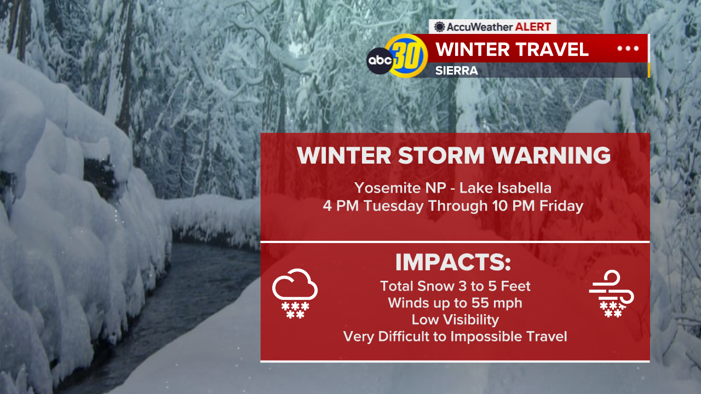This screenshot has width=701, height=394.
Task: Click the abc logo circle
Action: pos(380,61)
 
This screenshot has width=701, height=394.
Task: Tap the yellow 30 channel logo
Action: pos(407,56)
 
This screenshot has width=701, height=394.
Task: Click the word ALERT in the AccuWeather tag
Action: pos(533,27)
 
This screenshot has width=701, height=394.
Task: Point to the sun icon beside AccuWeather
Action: pos(439,27)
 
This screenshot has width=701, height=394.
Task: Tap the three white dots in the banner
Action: pos(628,49)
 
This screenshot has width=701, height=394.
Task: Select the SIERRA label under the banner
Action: pos(457,71)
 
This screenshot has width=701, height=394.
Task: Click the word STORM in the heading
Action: pos(441,155)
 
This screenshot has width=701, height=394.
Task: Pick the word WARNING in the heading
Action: pos(551,155)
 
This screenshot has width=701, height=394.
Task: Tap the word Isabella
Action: pos(524,188)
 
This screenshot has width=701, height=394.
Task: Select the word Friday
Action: pos(561,206)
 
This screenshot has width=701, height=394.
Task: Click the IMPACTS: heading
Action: pos(453,262)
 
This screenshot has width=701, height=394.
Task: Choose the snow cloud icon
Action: pos(295,293)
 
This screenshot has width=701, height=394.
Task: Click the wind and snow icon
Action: pos(612,294)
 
